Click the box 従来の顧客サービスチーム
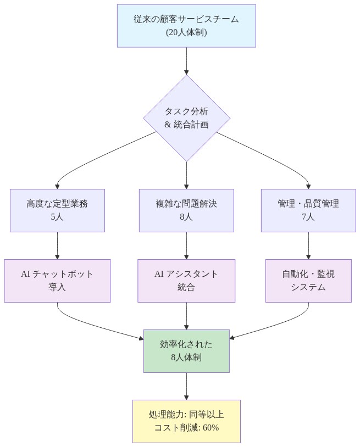(186, 19)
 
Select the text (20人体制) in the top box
(186, 32)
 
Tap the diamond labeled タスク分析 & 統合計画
(186, 118)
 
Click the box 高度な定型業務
(57, 204)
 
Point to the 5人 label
(57, 217)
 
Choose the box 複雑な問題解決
(186, 204)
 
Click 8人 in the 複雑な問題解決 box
(186, 217)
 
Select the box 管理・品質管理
(308, 204)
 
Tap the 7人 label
(308, 217)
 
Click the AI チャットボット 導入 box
(57, 281)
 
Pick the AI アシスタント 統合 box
(186, 281)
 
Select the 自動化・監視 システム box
(308, 281)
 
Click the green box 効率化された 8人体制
(186, 351)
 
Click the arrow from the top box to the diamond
(186, 60)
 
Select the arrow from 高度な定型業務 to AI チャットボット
(57, 245)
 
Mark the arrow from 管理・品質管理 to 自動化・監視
(308, 245)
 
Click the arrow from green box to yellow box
(186, 386)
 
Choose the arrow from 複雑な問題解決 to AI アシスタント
(186, 245)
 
